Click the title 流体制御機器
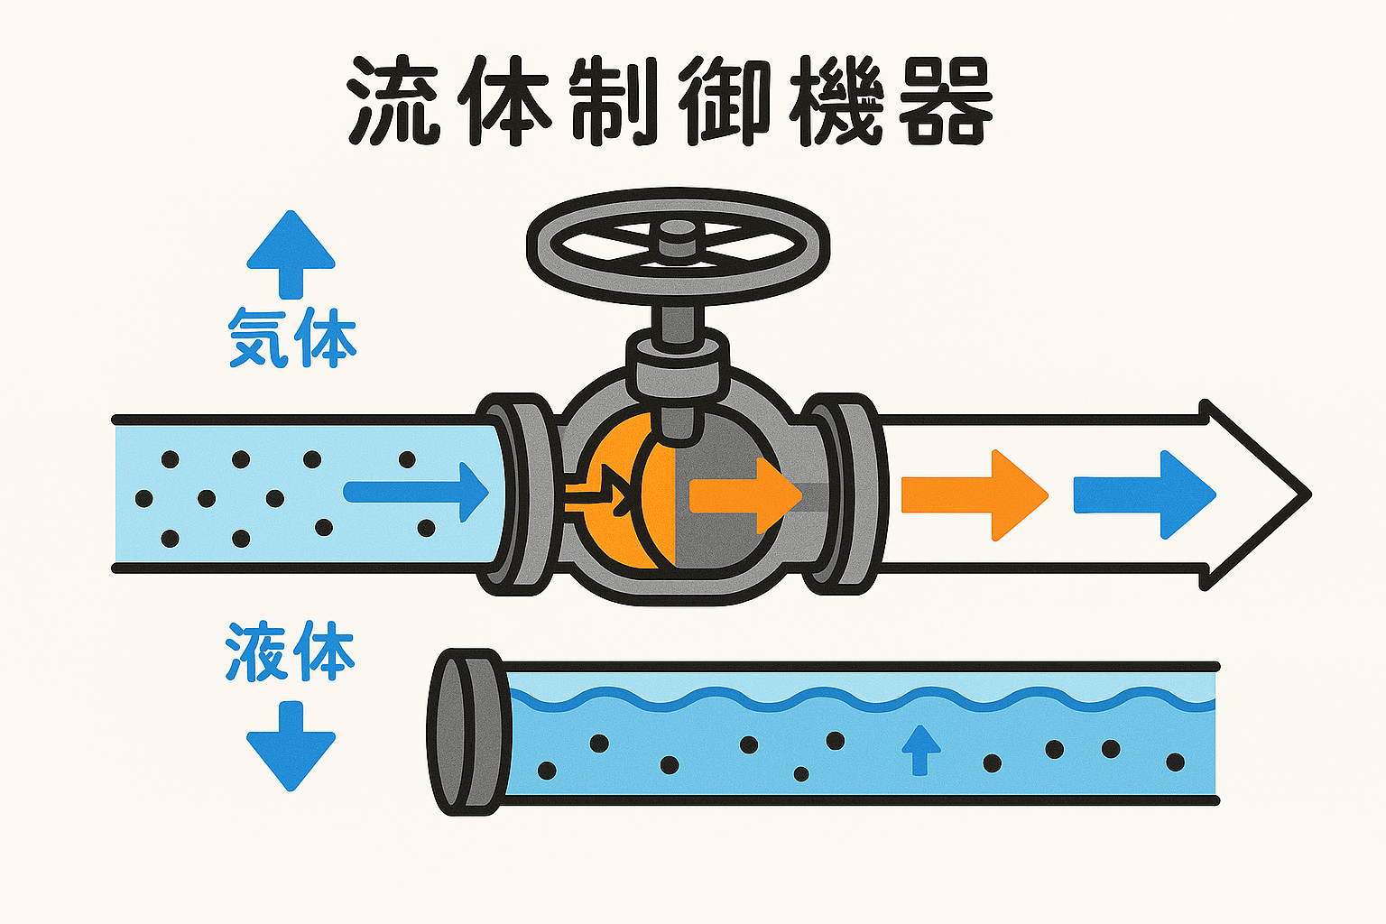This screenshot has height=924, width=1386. pyautogui.click(x=670, y=101)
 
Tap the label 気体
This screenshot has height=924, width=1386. pyautogui.click(x=291, y=337)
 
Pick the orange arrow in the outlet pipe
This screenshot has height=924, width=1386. pyautogui.click(x=975, y=494)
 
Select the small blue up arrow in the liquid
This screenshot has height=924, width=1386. pyautogui.click(x=920, y=749)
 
